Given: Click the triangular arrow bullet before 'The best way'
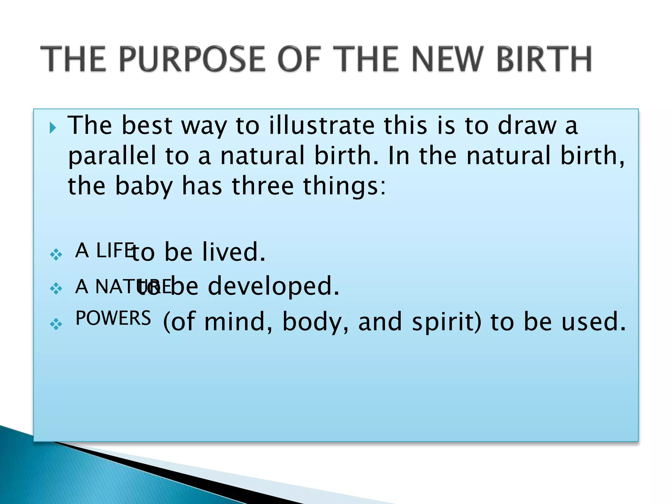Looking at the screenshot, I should tap(52, 128).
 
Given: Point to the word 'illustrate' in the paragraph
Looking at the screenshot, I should tap(322, 126).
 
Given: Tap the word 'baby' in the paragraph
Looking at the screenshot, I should tap(144, 186).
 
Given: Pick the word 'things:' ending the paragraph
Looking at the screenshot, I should tap(344, 186).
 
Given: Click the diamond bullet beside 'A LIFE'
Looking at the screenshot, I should tap(56, 254).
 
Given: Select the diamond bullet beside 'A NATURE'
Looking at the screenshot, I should tap(56, 288).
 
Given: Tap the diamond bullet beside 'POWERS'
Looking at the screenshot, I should tap(56, 324).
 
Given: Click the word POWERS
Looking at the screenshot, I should tap(113, 318).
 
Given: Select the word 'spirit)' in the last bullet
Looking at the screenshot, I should tap(447, 322).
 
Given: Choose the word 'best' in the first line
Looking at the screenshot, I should tap(147, 126).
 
